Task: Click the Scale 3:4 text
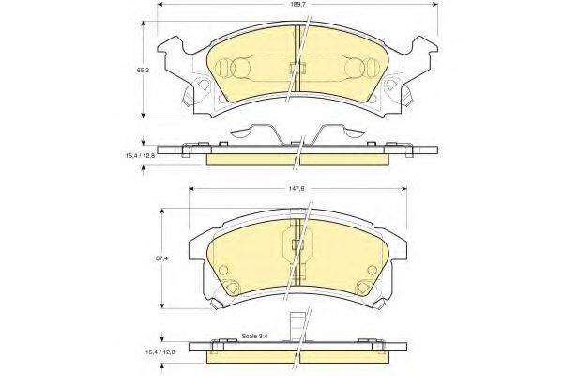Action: click(x=255, y=337)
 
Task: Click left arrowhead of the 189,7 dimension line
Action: click(x=161, y=5)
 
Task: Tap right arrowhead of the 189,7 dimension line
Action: click(x=434, y=5)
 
